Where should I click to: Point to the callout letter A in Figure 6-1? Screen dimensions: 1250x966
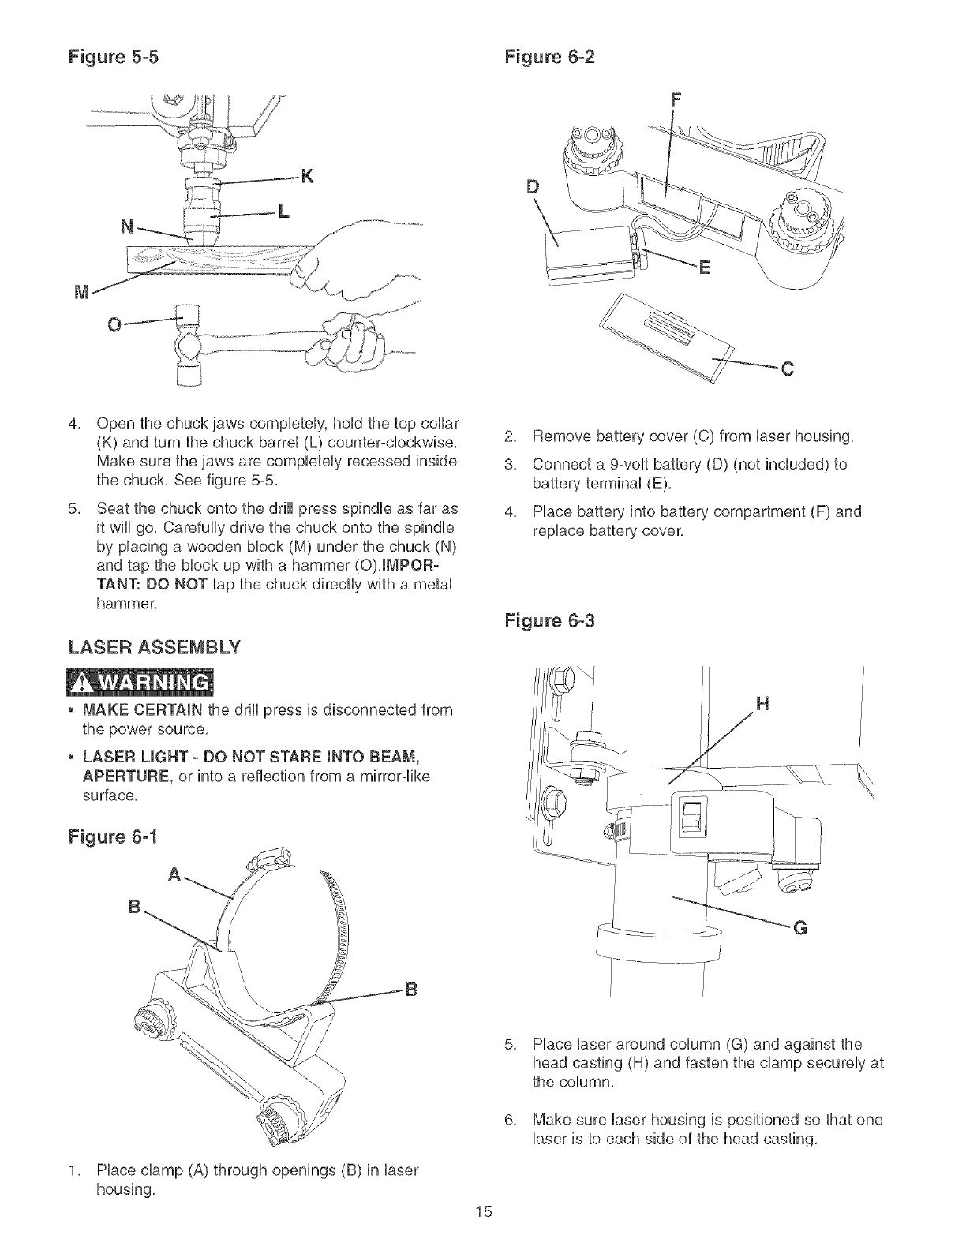point(175,874)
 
